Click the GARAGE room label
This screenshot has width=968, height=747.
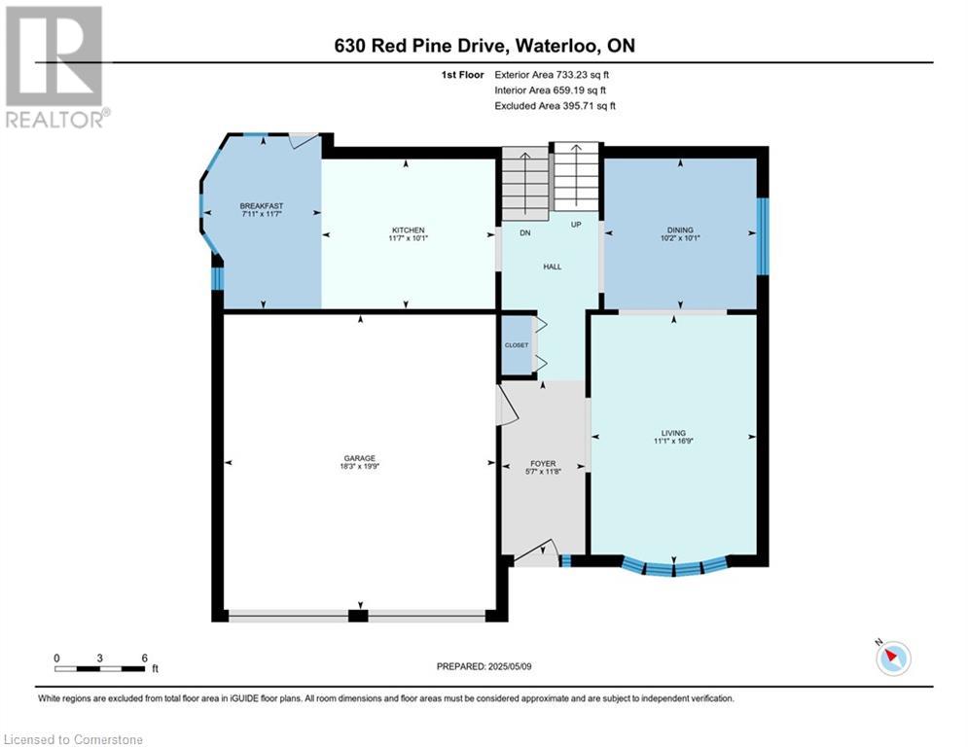point(359,458)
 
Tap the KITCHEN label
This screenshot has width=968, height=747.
point(408,230)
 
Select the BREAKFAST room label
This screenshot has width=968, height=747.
point(262,205)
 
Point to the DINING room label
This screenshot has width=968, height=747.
point(680,230)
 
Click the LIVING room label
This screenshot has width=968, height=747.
point(673,433)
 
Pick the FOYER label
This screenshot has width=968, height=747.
point(543,463)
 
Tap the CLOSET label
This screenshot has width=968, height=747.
point(517,345)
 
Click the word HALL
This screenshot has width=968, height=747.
point(553,267)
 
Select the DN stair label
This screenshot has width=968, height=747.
point(525,232)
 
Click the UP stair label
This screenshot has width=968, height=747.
point(576,224)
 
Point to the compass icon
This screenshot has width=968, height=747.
point(893,658)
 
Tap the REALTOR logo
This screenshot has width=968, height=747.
point(55,67)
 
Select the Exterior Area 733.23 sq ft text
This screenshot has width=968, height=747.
point(552,75)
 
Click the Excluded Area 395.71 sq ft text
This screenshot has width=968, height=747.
point(555,106)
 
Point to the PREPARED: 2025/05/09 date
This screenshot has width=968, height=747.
point(484,666)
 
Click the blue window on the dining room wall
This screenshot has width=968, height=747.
point(763,235)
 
